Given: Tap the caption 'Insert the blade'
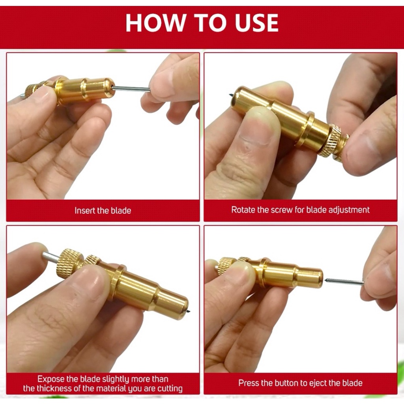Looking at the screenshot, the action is coord(103,211).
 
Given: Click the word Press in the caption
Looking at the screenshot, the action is coord(248,383).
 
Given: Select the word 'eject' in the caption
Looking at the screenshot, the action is coord(318,383).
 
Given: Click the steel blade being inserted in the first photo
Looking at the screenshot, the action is coord(131,89).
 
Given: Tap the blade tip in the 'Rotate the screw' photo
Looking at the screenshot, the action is coord(230,95).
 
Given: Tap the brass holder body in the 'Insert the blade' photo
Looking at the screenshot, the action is coord(85,90).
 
